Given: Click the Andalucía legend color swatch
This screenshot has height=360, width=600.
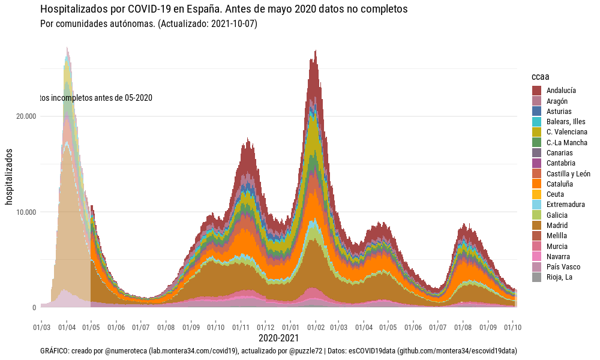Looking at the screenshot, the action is [536, 91].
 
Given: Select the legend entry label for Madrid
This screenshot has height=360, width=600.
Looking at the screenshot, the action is [557, 226].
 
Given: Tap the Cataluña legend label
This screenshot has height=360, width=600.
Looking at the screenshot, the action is [559, 184].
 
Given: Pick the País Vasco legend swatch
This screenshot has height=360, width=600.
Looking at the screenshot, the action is [536, 267].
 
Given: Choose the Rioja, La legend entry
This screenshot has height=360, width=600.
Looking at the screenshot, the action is [559, 277].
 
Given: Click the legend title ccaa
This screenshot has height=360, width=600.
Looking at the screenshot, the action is [541, 77].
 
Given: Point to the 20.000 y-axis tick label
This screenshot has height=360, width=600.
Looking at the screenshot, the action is [26, 116].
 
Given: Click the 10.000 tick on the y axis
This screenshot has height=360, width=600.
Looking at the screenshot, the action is [26, 212].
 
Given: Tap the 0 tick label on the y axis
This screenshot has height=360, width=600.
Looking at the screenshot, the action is [34, 308].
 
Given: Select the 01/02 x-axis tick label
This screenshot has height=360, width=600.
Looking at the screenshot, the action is [316, 328].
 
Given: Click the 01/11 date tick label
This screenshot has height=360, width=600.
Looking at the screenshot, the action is [241, 328].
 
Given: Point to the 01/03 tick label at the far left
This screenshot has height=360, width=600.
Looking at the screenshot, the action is [41, 328].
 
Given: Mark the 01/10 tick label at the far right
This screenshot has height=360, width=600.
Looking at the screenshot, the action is [513, 328].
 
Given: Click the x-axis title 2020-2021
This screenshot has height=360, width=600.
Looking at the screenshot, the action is [278, 338].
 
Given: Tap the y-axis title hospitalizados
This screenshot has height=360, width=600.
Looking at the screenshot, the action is [9, 177].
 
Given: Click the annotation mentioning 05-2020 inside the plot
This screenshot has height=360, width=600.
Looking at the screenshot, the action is [96, 98].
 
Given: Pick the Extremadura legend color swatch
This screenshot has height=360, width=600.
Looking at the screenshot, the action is [536, 205].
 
